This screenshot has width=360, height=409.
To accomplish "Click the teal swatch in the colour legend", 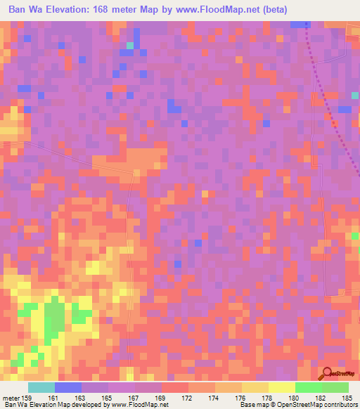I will pyautogui.click(x=41, y=387).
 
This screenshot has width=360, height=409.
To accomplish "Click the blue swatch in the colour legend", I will pyautogui.click(x=68, y=387).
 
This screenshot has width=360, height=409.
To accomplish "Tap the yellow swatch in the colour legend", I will pyautogui.click(x=282, y=387).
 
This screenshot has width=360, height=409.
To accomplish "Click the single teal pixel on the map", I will pyautogui.click(x=129, y=46).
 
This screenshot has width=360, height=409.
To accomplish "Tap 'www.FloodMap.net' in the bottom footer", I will pyautogui.click(x=139, y=404).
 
